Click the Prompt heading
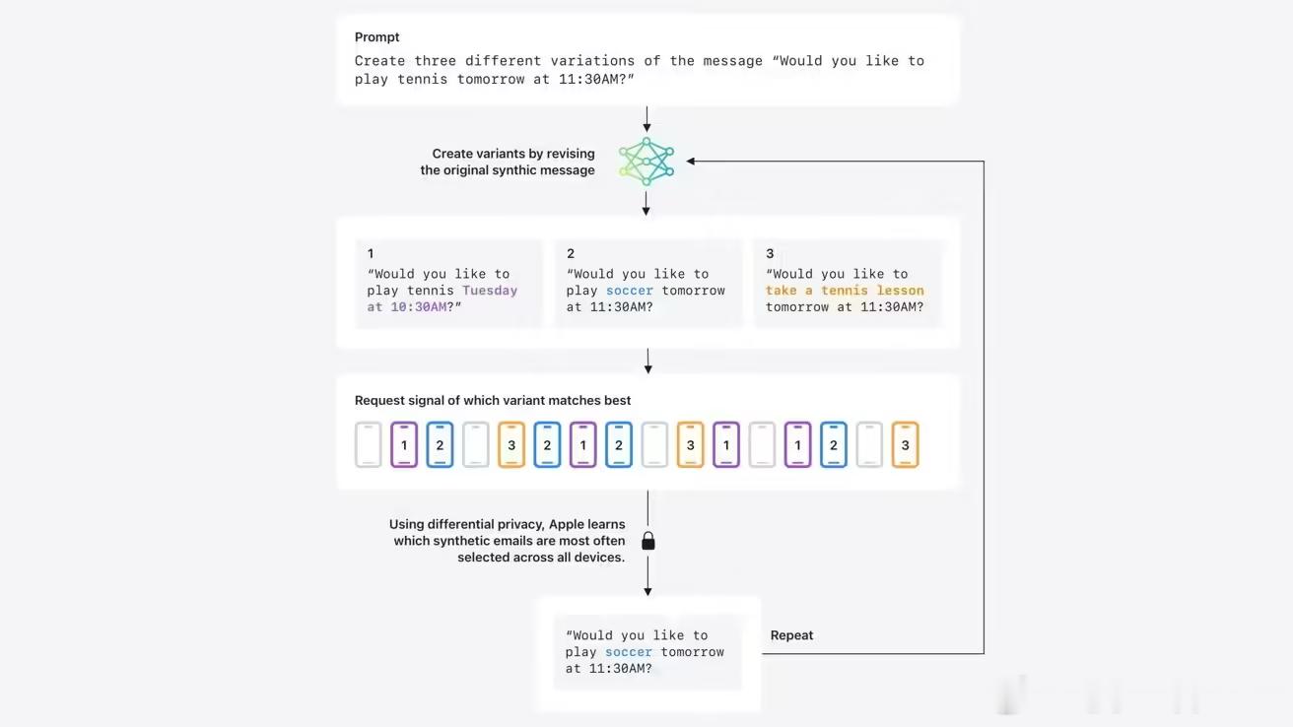[x=376, y=36]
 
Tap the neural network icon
[x=646, y=162]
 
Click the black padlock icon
[x=648, y=541]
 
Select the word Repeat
[x=791, y=635]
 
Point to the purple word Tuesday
[x=490, y=291]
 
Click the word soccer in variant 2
[x=630, y=291]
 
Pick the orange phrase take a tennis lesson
[x=845, y=291]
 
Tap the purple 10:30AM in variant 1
[x=419, y=307]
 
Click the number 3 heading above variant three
[x=770, y=253]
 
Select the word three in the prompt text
[x=435, y=61]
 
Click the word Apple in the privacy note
[x=566, y=524]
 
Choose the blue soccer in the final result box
[x=629, y=652]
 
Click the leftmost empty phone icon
[x=369, y=444]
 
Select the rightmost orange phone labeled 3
[x=905, y=444]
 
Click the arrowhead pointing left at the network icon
[x=691, y=162]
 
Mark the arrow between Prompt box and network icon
[x=646, y=119]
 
